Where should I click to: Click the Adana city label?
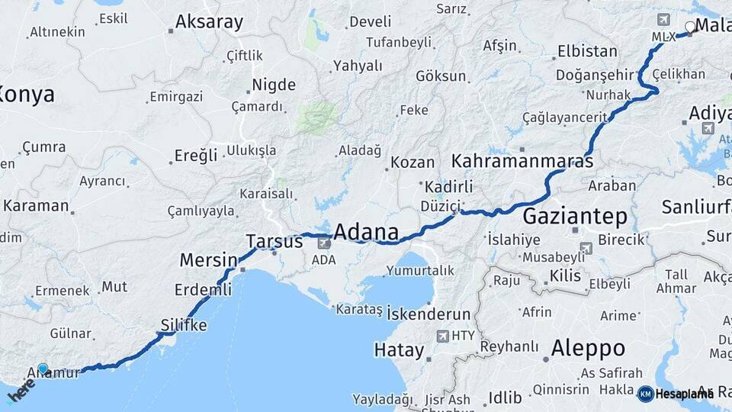(366, 232)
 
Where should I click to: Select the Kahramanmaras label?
(522, 162)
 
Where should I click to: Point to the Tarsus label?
(274, 242)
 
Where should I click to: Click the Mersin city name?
(208, 260)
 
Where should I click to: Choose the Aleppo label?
(588, 349)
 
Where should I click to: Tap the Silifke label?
(184, 325)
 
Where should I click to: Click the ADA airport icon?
(324, 243)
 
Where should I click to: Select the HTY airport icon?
(443, 336)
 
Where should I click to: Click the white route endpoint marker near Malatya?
(690, 27)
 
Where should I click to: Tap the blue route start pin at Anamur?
(43, 369)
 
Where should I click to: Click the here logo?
(21, 388)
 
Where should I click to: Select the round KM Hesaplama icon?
(645, 394)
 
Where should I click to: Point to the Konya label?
(27, 95)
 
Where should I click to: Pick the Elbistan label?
(587, 52)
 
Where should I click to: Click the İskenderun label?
(429, 314)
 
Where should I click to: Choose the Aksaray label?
(209, 22)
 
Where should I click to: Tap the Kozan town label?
(413, 163)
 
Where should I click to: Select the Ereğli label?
(196, 156)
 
